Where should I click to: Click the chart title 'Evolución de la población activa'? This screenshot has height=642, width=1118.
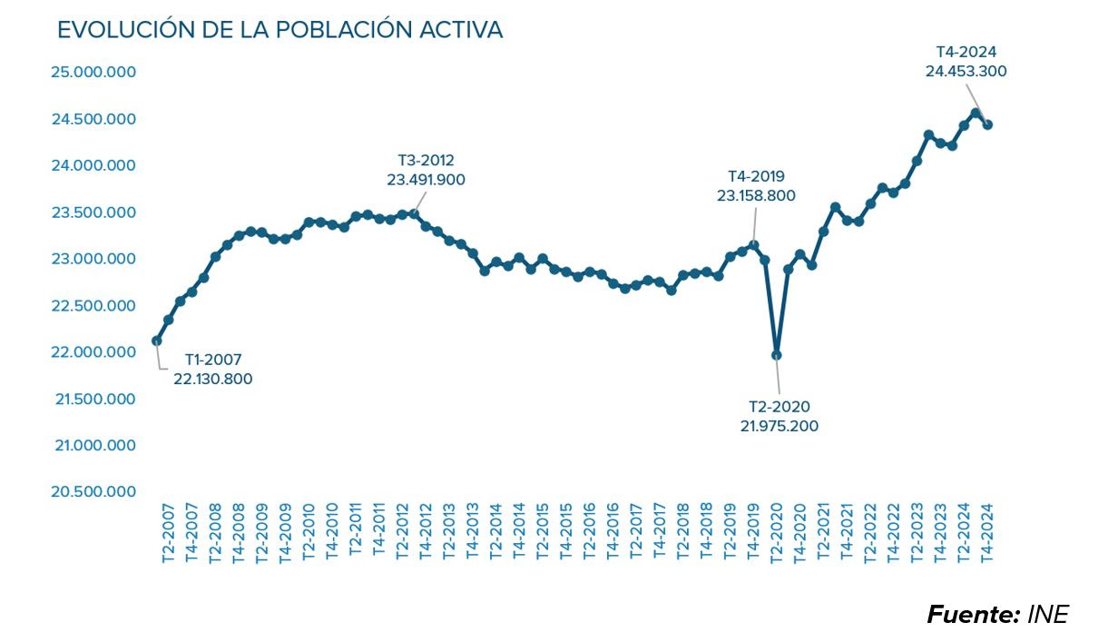279,30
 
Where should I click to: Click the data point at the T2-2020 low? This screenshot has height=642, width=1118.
777,355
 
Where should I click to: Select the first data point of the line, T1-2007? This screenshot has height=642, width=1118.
157,341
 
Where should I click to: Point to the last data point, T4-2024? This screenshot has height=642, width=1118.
987,125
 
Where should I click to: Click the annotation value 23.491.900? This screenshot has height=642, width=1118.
426,180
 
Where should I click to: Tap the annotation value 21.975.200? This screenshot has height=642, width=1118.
779,425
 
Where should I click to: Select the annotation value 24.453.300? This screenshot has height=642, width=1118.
966,71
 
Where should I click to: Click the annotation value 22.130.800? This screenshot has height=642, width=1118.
213,379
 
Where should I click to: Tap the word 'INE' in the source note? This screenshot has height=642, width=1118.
1048,615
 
